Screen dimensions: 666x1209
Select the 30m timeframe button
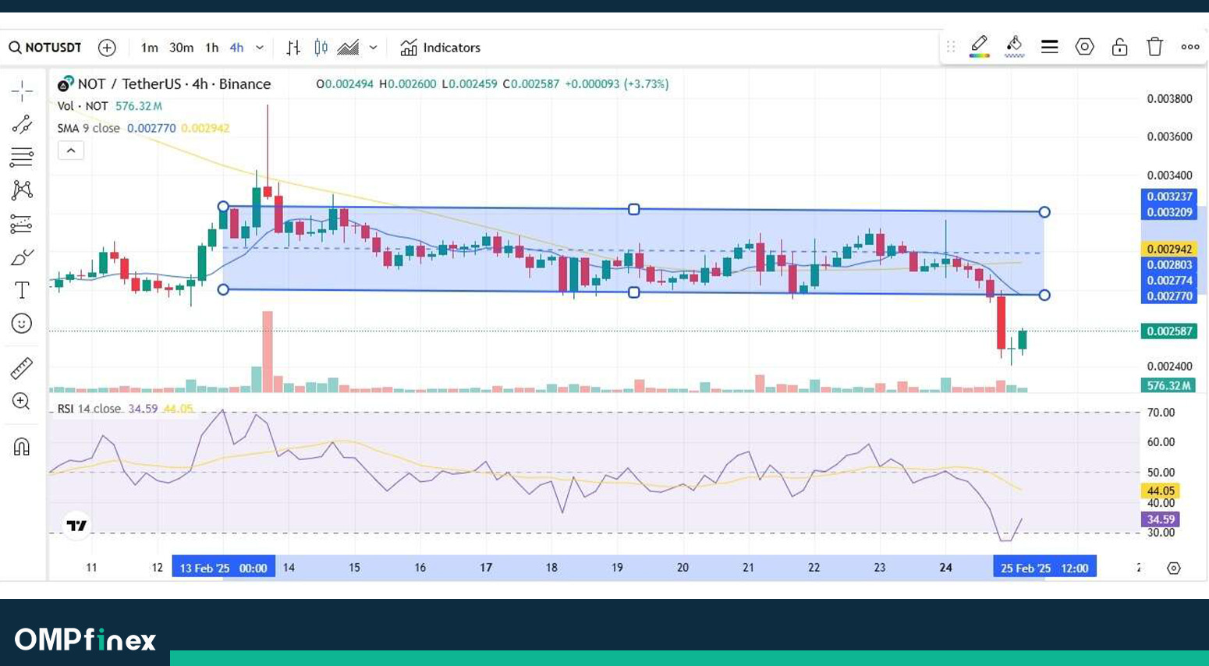(181, 48)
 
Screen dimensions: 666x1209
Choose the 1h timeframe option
(211, 48)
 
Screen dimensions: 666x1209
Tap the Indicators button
(441, 48)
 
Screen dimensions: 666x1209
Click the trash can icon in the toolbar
(1154, 47)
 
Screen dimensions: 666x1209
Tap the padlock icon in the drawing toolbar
(1119, 47)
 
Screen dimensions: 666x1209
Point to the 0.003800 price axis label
(1169, 99)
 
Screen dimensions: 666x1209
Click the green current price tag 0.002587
(1168, 331)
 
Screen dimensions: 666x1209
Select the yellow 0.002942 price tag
(1168, 249)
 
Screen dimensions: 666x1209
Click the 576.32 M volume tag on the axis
(1168, 385)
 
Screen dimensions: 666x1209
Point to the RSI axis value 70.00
(1161, 413)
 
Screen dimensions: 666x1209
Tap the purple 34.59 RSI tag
(1160, 519)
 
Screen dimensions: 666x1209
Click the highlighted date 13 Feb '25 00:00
(223, 568)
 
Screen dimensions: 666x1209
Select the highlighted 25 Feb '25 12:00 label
(1044, 568)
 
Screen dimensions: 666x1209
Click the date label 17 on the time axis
(486, 568)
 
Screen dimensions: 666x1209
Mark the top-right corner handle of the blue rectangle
(1044, 212)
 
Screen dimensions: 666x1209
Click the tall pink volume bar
(268, 351)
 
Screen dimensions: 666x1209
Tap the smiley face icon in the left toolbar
(22, 324)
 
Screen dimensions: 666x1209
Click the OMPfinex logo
(85, 640)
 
